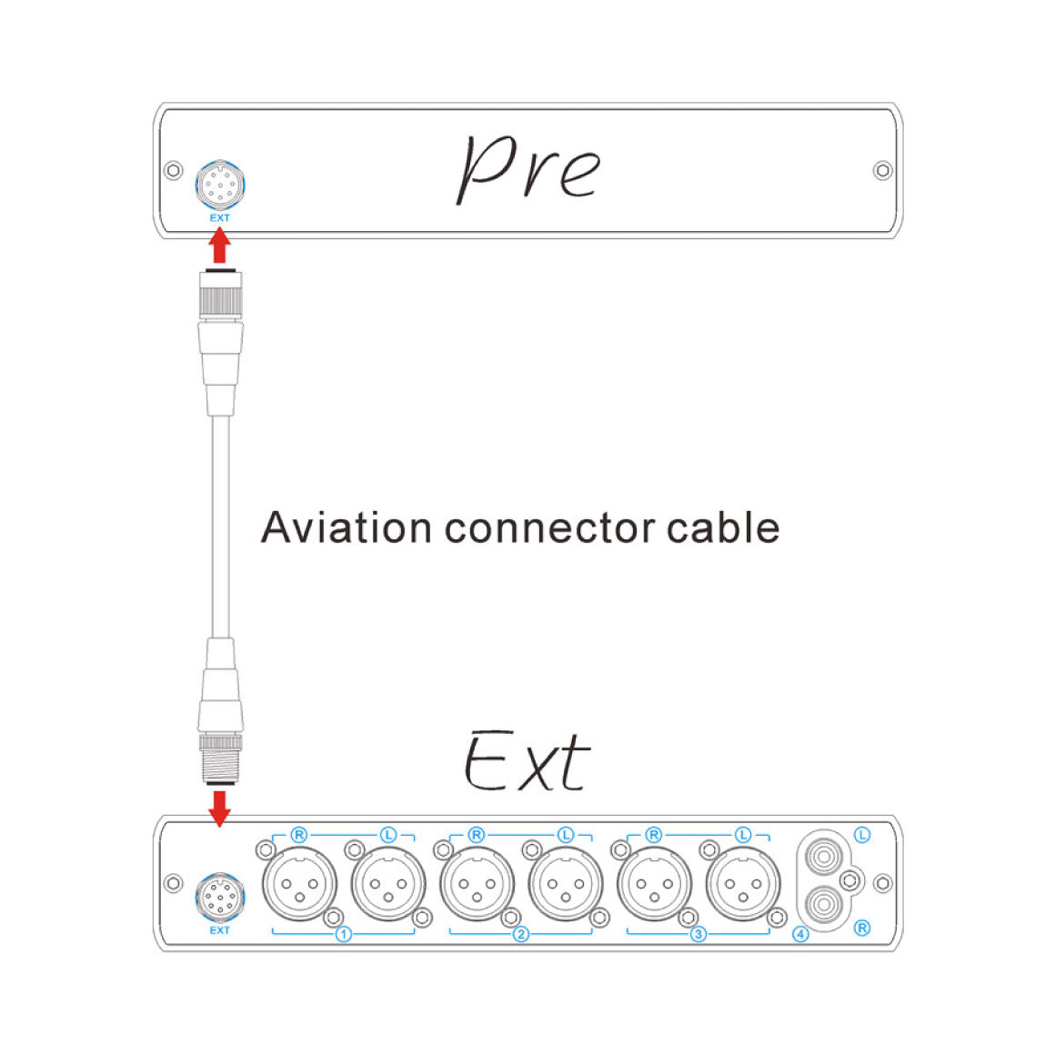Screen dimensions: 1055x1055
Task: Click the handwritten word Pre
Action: point(527,169)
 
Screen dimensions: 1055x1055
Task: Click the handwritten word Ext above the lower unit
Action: point(527,762)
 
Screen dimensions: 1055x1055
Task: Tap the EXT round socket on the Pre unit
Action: point(219,186)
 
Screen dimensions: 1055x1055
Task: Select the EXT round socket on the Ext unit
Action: point(219,898)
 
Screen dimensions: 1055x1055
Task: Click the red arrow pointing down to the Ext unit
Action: point(218,808)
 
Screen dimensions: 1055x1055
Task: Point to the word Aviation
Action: point(346,527)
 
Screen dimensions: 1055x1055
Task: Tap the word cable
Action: point(723,527)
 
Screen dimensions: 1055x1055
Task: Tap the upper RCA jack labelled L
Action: point(825,856)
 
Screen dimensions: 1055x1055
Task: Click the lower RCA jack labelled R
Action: point(825,905)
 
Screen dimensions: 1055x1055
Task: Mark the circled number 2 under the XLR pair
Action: point(520,934)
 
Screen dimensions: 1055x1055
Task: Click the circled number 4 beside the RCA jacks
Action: point(800,934)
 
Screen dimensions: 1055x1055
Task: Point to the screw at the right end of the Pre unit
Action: point(881,170)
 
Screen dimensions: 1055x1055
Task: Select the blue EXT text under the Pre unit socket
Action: point(219,218)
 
